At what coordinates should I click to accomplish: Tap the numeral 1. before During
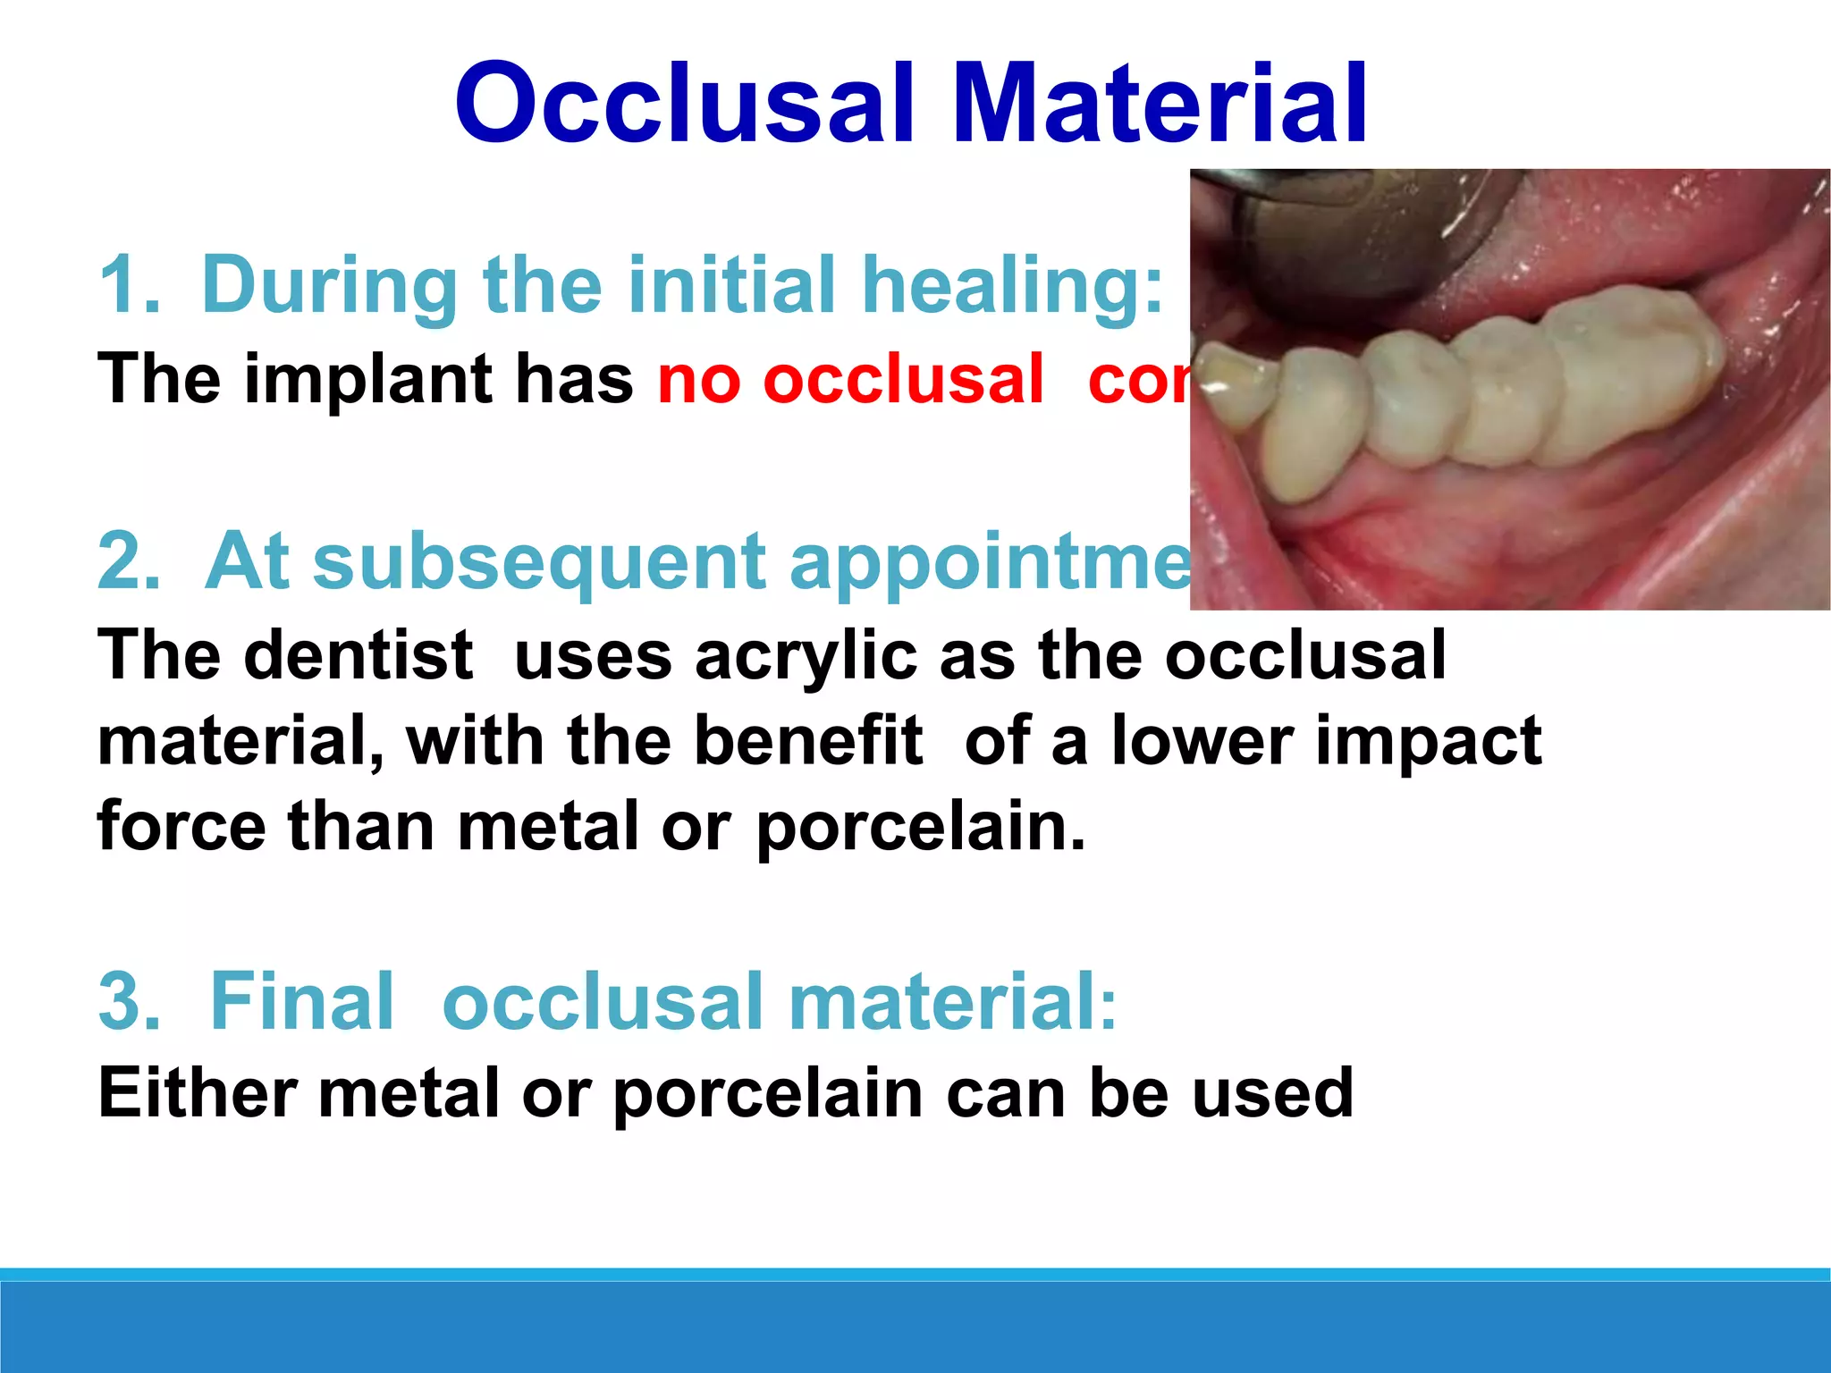click(x=130, y=286)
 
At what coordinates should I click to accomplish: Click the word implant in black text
click(x=367, y=380)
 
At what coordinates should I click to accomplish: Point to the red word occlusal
click(x=903, y=380)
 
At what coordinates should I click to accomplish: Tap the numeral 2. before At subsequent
click(x=130, y=561)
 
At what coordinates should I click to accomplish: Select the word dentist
click(x=358, y=655)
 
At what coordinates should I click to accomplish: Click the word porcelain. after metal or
click(x=921, y=827)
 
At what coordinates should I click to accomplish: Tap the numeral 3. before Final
click(x=130, y=1001)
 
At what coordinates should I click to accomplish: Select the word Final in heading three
click(x=301, y=1001)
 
